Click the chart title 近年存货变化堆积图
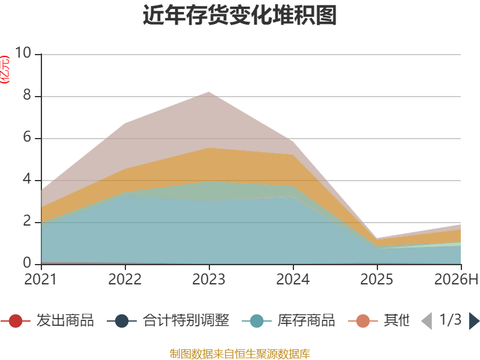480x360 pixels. (239, 15)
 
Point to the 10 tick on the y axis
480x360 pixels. (23, 53)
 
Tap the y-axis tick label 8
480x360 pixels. (27, 95)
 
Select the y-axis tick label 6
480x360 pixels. (27, 137)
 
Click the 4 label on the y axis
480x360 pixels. (27, 179)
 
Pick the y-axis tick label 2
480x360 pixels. (27, 221)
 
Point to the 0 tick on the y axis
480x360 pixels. (27, 263)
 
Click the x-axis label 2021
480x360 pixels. (41, 279)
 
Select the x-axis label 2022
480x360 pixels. (125, 279)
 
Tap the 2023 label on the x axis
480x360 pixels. (209, 279)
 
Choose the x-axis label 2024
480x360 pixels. (293, 279)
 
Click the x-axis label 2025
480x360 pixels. (377, 279)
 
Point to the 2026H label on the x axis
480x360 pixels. (457, 279)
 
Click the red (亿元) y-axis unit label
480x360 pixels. (5, 70)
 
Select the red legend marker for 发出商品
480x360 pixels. (16, 321)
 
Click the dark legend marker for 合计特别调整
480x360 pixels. (122, 321)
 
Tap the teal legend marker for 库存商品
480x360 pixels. (257, 321)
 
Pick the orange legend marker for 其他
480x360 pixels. (363, 321)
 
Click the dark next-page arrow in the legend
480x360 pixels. (474, 321)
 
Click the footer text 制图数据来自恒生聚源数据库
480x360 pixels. (240, 354)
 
